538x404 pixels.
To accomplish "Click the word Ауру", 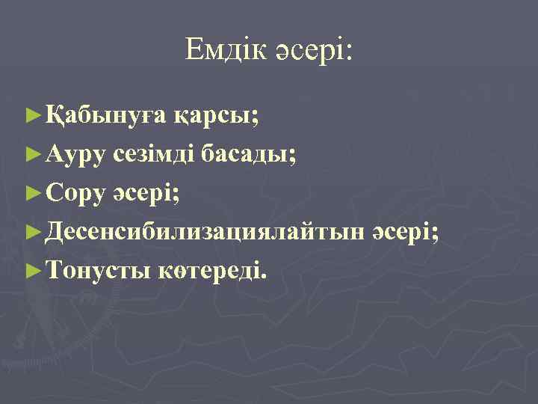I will pyautogui.click(x=75, y=155).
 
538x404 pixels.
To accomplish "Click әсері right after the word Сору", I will pyautogui.click(x=144, y=194).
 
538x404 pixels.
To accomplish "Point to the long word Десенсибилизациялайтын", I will pyautogui.click(x=205, y=233).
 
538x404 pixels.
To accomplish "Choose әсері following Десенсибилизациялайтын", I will pyautogui.click(x=403, y=233).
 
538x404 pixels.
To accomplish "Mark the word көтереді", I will pyautogui.click(x=210, y=271).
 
